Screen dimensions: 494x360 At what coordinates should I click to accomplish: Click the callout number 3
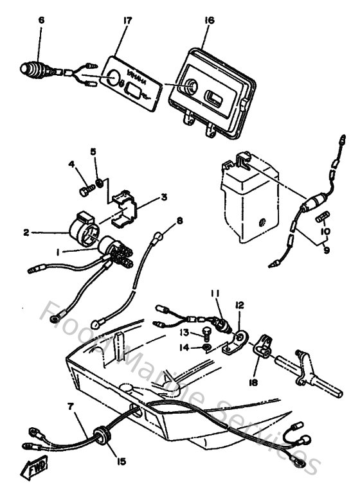click(165, 197)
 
